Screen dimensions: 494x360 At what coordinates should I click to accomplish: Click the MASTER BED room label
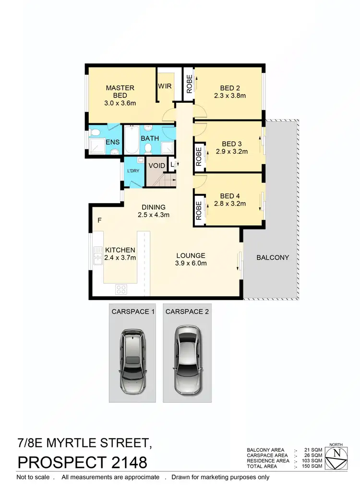click(x=120, y=91)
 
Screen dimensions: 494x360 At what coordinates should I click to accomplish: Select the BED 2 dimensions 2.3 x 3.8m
click(x=230, y=96)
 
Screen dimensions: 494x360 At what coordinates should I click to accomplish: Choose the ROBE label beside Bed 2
click(x=189, y=84)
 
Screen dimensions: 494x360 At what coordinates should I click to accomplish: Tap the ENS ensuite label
click(x=112, y=142)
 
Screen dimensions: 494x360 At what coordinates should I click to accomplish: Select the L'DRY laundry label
click(x=132, y=171)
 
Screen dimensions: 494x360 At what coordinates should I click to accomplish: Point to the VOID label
click(x=157, y=166)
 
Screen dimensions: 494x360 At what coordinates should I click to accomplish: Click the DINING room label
click(x=153, y=207)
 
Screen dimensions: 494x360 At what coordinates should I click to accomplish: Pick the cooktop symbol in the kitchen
click(x=121, y=289)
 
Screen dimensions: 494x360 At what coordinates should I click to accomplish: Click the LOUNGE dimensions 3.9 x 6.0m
click(x=190, y=264)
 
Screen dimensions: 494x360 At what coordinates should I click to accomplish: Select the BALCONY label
click(x=273, y=257)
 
